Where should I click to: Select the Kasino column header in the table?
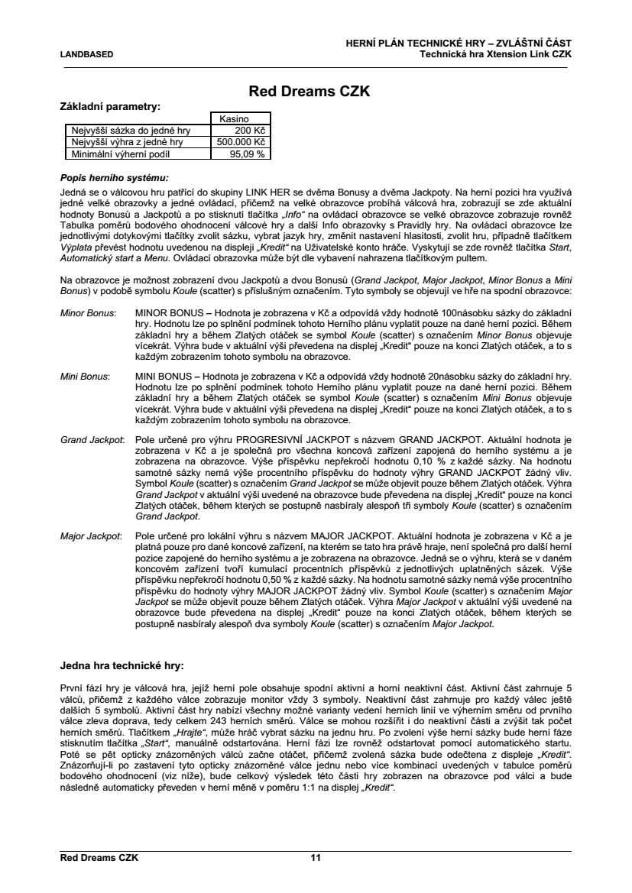[x=240, y=119]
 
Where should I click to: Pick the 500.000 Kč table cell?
[x=241, y=142]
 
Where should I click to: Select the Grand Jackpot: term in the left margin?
[x=92, y=441]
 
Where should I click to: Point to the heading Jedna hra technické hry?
[x=122, y=655]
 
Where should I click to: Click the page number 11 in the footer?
[x=315, y=858]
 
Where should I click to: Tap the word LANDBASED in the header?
[x=86, y=54]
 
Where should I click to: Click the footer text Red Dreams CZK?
[x=99, y=858]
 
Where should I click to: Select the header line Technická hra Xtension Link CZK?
[x=495, y=54]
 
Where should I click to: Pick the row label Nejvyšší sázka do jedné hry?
[x=129, y=131]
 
